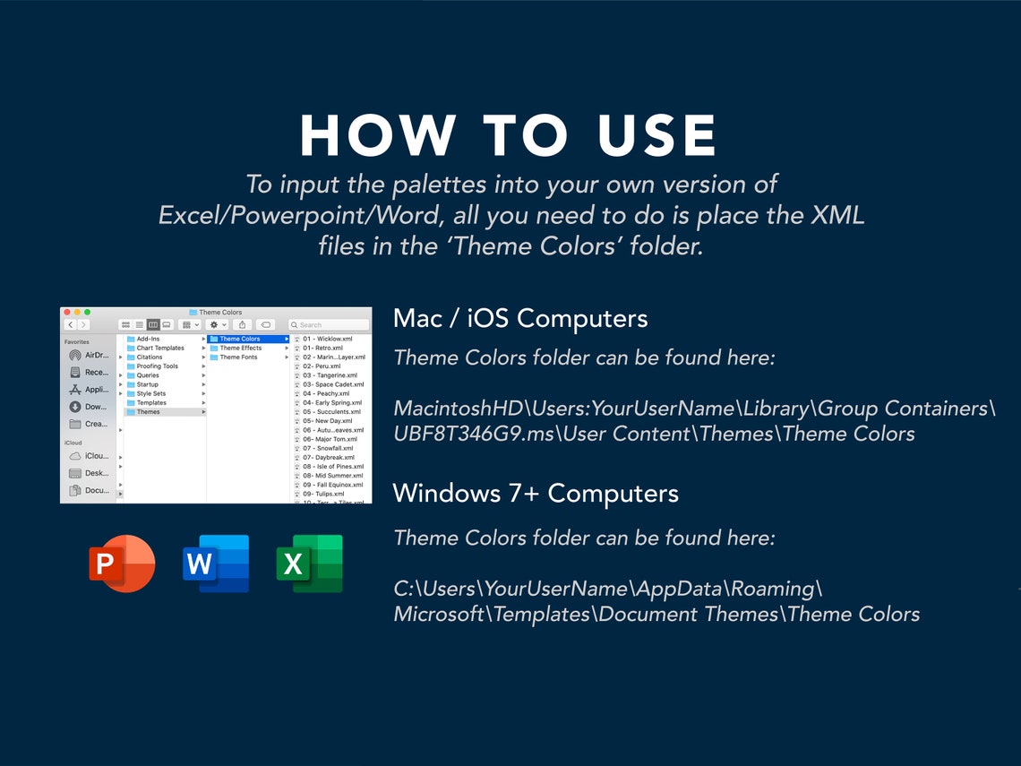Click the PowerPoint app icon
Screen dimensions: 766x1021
122,564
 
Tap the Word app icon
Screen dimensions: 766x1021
216,564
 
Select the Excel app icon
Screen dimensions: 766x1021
310,564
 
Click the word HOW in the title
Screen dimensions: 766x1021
377,136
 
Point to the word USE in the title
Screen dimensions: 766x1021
656,136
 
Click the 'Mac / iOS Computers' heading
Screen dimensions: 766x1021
519,318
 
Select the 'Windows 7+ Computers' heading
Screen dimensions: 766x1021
535,493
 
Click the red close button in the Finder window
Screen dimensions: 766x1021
67,312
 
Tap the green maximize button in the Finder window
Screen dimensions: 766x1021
87,312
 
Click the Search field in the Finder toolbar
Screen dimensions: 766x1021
329,324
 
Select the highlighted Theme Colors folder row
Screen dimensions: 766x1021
248,339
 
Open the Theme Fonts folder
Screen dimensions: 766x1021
238,357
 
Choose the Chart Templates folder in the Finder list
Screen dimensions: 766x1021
160,348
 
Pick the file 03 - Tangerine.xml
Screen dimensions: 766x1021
330,375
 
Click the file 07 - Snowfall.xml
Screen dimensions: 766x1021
328,448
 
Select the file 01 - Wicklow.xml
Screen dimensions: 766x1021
327,339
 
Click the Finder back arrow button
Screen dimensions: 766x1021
70,324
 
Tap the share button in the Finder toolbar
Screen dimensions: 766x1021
242,324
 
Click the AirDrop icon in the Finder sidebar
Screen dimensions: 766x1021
75,355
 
